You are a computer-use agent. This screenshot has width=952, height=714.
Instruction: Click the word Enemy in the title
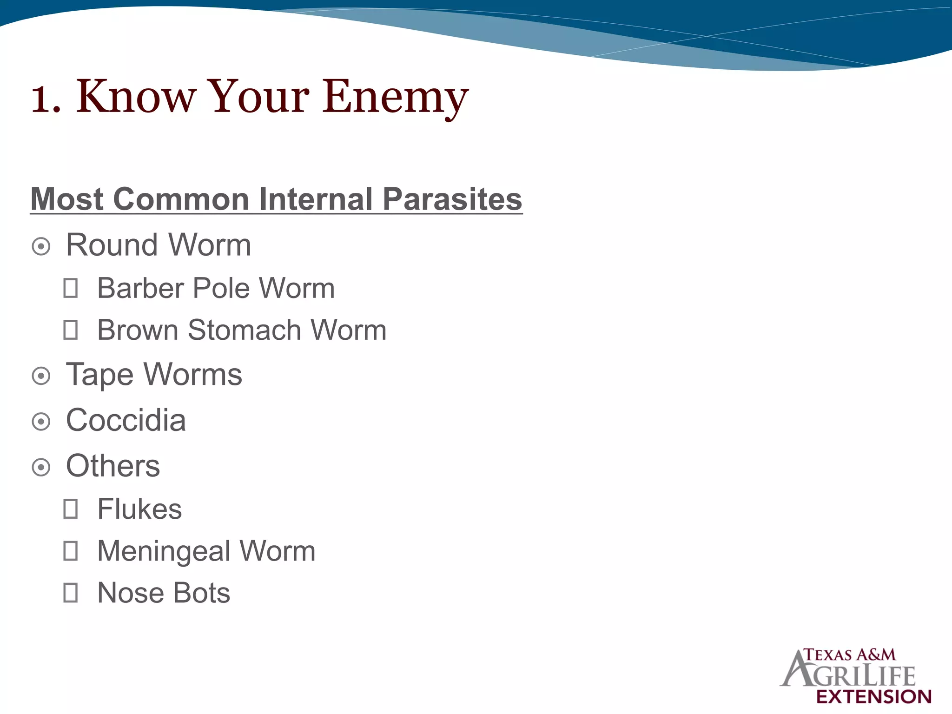click(395, 98)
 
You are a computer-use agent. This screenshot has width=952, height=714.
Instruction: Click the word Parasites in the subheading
click(452, 199)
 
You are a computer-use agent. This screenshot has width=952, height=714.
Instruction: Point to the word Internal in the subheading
click(316, 199)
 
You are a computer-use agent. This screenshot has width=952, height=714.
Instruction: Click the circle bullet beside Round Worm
click(41, 246)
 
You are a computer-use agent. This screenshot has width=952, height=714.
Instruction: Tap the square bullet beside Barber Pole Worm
click(71, 288)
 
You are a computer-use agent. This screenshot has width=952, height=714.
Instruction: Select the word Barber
click(141, 288)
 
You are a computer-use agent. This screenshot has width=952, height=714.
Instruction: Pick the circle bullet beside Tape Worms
click(41, 376)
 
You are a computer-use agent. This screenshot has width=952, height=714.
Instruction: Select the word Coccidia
click(126, 421)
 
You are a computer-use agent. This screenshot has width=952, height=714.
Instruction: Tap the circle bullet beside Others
click(41, 467)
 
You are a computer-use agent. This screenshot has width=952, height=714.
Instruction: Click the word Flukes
click(139, 509)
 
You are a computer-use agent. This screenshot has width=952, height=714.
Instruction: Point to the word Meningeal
click(164, 552)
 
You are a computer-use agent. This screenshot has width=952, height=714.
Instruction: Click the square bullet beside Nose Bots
click(71, 593)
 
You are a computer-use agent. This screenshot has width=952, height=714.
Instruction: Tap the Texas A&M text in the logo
click(850, 655)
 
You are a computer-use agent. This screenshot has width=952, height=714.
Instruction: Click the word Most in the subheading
click(67, 199)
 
